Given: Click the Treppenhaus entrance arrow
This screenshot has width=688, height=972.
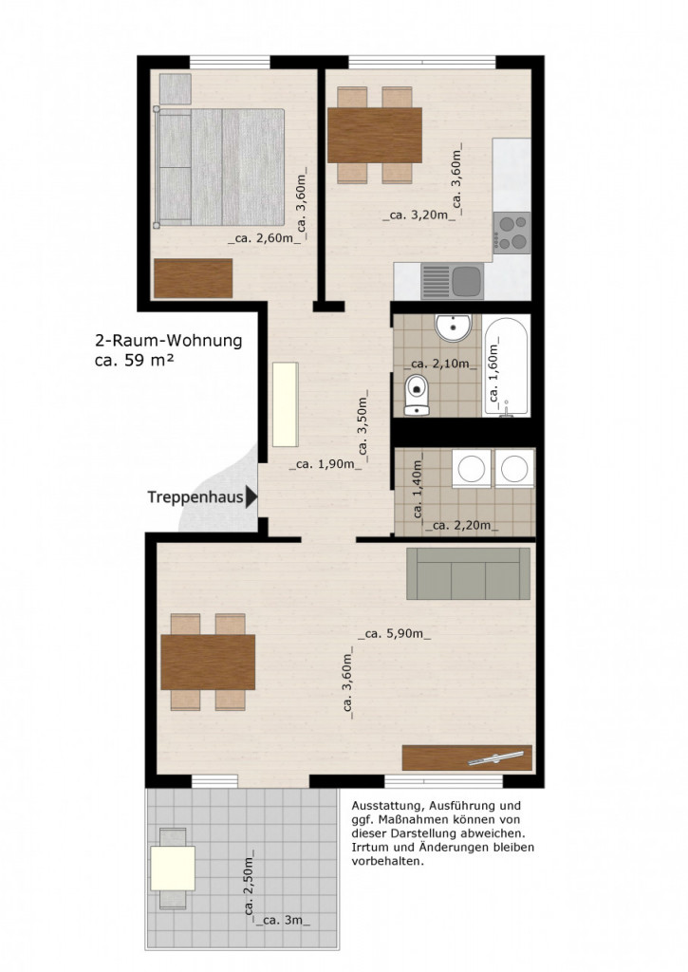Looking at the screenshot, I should coord(251,496).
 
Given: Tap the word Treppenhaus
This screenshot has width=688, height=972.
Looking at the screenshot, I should coord(195,496).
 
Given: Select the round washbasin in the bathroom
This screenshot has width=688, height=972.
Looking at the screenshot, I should coord(453,327).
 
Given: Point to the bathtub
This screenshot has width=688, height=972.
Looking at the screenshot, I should coord(507,366).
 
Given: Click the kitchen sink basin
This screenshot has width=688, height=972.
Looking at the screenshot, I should coord(467,281).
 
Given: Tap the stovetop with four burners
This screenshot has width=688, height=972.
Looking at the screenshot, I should coord(512,232).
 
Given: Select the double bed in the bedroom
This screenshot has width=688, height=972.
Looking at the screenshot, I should coord(220,167).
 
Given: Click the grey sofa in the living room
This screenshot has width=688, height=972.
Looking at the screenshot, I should coord(468,573).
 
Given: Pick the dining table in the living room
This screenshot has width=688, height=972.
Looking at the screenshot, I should coord(208,662).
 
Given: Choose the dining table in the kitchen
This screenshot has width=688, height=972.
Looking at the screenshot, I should coord(374,135).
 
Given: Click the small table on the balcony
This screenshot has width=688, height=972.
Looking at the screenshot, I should coord(173,868).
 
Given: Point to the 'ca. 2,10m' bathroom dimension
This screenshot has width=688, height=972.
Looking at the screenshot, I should coord(432,364).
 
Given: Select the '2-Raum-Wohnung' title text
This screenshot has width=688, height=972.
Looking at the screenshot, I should coord(168,341).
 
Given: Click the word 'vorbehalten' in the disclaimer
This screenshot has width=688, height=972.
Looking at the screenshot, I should coord(386,862).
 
